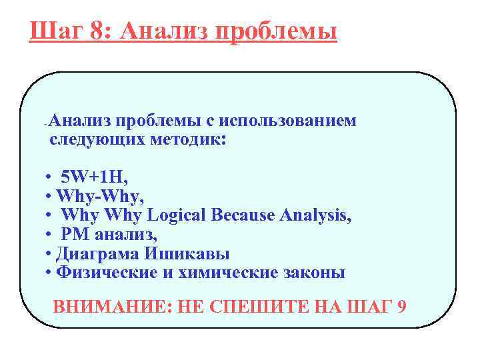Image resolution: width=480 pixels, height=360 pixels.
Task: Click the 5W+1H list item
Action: pos(93,177)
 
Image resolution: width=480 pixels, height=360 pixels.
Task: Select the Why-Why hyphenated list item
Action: pos(99,197)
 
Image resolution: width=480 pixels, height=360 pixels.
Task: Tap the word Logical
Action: pos(179,216)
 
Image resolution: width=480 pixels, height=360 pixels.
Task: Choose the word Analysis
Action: pos(315,216)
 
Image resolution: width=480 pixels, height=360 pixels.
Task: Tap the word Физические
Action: pos(103,273)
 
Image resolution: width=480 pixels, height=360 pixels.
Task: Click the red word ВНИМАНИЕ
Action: pos(111,307)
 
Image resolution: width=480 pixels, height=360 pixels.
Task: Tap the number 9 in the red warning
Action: pos(400,307)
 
